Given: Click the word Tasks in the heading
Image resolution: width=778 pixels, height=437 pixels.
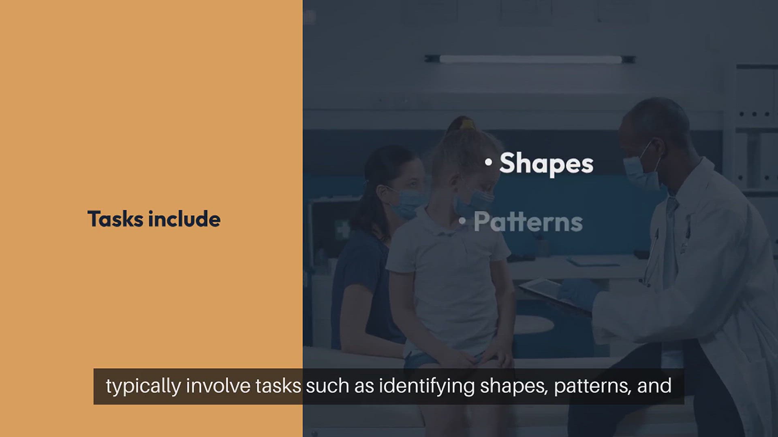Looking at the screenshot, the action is (115, 219).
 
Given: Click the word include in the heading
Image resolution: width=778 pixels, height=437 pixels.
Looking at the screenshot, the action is (184, 218).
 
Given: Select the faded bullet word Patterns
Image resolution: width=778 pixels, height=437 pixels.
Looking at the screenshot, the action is (528, 222).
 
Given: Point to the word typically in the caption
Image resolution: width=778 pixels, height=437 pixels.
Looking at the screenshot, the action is (143, 386).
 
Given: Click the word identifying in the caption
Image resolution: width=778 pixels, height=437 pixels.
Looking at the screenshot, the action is (427, 386).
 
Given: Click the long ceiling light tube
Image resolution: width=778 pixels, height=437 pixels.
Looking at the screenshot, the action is (530, 59).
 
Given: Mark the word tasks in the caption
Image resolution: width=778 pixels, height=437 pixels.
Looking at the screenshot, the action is (278, 386).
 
